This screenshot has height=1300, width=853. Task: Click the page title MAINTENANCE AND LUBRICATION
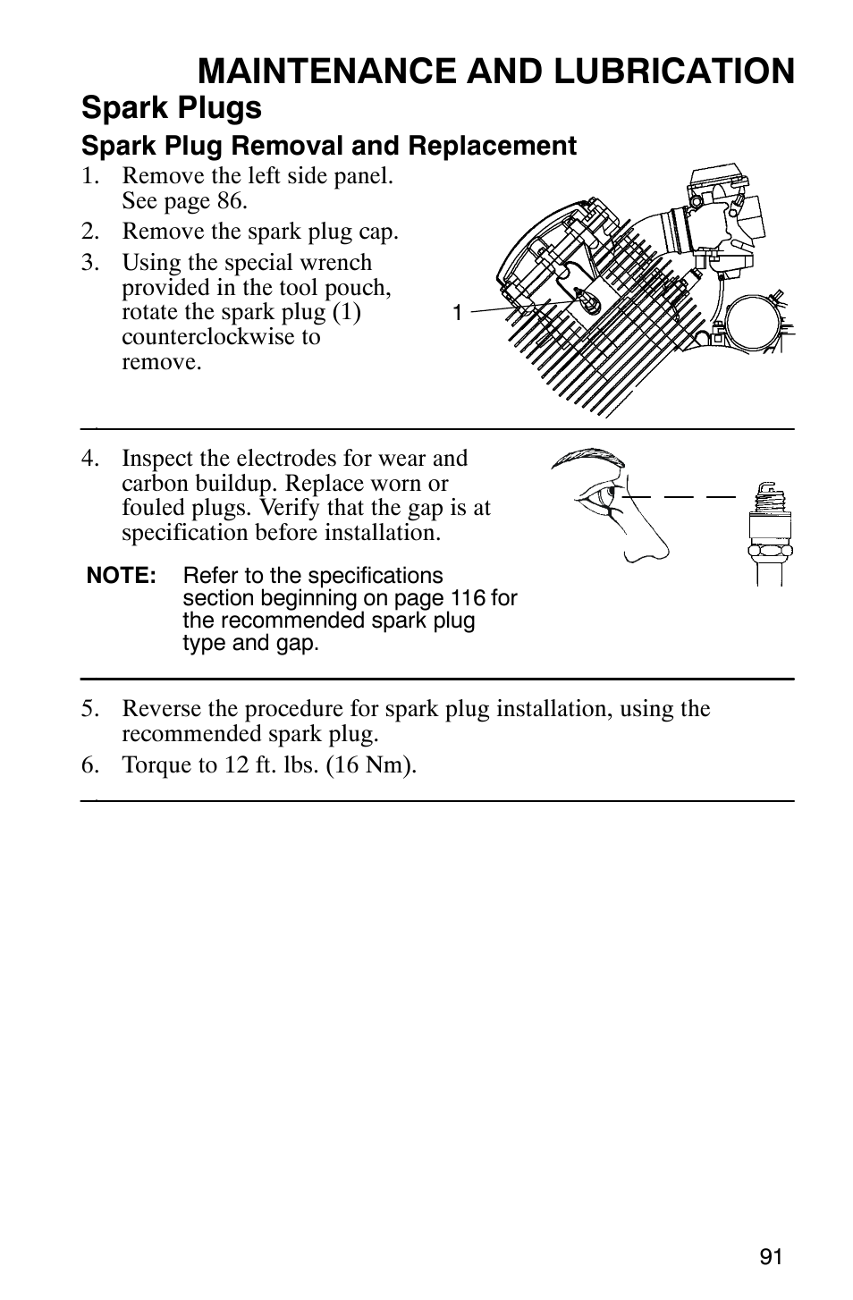(x=496, y=71)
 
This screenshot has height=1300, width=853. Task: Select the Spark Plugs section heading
(x=172, y=108)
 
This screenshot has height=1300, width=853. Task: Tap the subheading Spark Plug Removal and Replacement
(x=329, y=146)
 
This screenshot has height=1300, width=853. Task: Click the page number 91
(x=771, y=1256)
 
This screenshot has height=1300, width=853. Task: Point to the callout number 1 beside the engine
(x=456, y=313)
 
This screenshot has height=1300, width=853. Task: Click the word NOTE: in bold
(x=122, y=576)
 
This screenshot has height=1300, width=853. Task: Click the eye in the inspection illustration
(x=597, y=494)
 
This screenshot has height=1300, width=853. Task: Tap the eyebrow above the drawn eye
(x=587, y=459)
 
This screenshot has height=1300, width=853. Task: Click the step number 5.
(x=89, y=709)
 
